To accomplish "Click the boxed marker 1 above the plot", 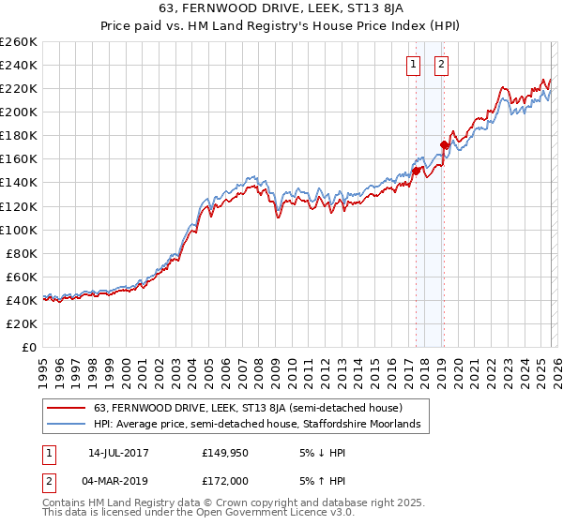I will [413, 65].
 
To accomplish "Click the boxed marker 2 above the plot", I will [441, 65].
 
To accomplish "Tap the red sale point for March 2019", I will [444, 144].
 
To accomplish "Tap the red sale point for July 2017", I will [416, 171].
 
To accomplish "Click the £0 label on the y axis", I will [29, 347].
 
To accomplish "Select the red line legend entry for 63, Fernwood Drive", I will [249, 408].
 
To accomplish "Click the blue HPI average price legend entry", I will [261, 425].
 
